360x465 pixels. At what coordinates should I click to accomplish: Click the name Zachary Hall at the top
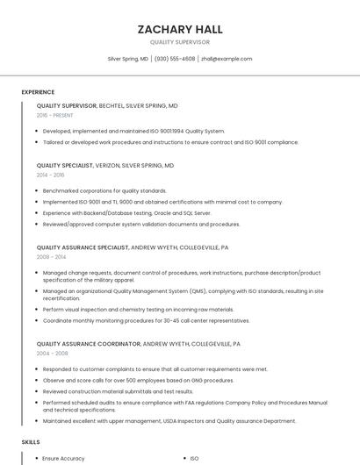(x=179, y=29)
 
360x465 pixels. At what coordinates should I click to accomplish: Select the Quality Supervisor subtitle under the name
(x=179, y=42)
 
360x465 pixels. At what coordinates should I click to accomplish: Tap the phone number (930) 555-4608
(x=175, y=59)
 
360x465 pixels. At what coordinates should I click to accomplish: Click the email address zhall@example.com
(x=227, y=59)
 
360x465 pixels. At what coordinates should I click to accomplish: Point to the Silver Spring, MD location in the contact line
(x=127, y=59)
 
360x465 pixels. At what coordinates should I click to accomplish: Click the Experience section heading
(x=38, y=92)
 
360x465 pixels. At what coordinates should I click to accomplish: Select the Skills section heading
(x=31, y=442)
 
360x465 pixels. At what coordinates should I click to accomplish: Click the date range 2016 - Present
(x=54, y=115)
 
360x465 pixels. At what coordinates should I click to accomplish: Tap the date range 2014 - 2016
(x=50, y=175)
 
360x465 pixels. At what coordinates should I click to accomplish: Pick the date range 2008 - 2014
(x=51, y=257)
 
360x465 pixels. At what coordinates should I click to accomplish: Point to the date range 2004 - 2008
(x=52, y=354)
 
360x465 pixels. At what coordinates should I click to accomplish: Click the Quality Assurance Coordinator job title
(x=88, y=344)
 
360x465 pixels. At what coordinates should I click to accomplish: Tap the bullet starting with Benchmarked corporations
(x=104, y=190)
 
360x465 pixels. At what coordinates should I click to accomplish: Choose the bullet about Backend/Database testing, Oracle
(x=126, y=212)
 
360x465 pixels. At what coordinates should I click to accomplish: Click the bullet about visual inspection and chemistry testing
(x=138, y=309)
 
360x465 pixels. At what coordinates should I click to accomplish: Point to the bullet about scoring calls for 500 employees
(x=138, y=380)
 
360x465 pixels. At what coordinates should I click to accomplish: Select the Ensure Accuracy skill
(x=63, y=458)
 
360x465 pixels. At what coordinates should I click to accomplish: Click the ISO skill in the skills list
(x=195, y=458)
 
